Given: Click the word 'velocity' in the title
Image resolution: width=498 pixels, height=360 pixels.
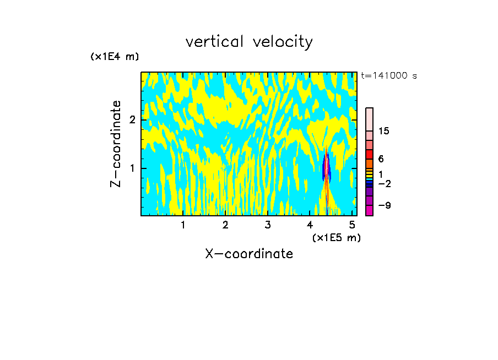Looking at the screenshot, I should [286, 42].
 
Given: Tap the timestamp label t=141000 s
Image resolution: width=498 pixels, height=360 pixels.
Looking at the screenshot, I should [388, 75].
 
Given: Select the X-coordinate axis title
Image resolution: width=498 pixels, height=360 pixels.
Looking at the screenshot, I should [249, 254].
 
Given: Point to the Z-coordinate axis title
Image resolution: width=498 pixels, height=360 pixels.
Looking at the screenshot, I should [116, 144].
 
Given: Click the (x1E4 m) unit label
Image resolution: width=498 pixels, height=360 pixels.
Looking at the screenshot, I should [115, 56].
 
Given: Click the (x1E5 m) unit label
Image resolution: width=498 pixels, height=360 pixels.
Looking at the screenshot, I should [336, 237].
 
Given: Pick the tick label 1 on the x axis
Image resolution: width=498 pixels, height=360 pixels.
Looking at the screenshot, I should [183, 225].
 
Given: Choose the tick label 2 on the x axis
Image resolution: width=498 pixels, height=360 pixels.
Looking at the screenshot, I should [225, 225].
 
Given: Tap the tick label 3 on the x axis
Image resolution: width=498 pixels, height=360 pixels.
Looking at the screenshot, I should [267, 225].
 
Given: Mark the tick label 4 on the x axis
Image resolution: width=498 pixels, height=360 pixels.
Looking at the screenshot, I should [310, 225].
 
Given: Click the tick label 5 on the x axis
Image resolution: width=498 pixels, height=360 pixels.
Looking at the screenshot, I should [352, 225].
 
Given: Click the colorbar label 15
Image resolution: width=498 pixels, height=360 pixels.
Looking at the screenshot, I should [384, 131].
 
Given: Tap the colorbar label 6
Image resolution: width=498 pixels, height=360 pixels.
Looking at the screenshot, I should [381, 159].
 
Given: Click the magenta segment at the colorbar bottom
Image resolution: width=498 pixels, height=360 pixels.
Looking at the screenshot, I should [369, 210].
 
